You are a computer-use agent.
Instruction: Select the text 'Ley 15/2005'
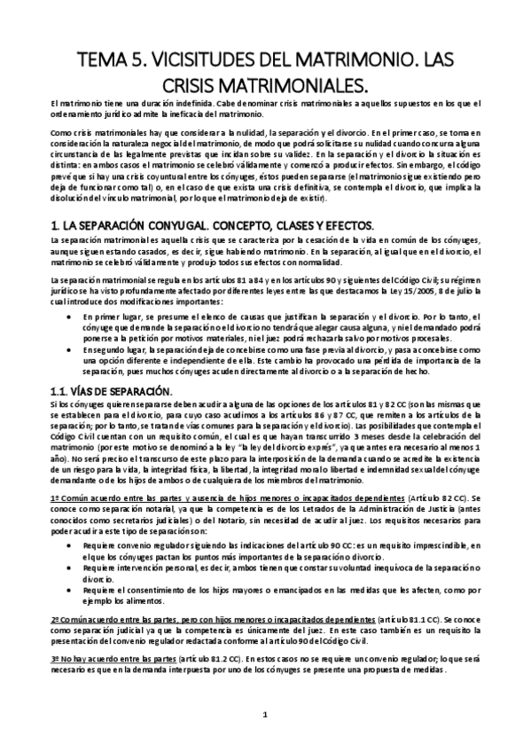pos(404,290)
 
